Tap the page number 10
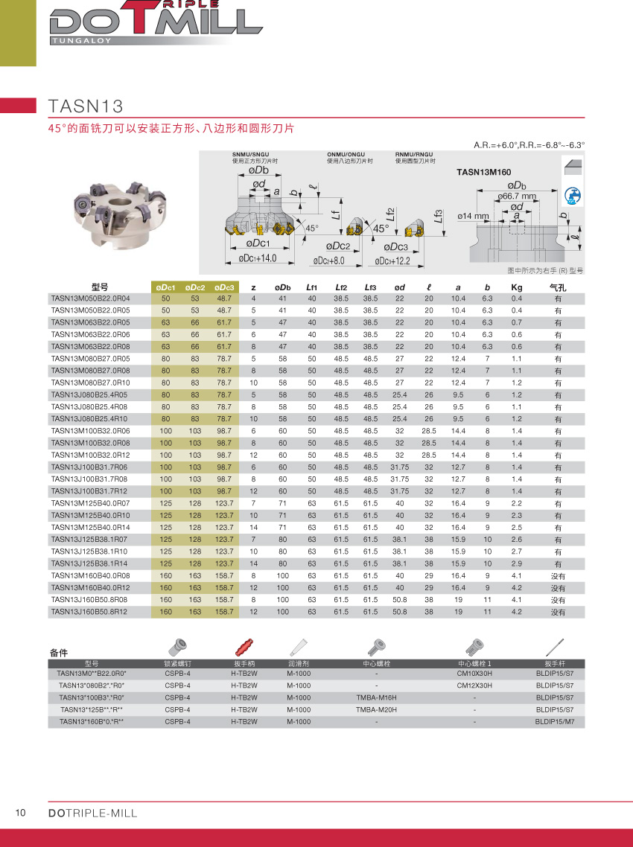tap(21, 813)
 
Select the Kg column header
tap(517, 287)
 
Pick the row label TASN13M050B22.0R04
tap(90, 298)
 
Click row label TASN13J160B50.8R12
tap(90, 612)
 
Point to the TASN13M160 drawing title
tap(483, 172)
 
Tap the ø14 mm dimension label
tap(472, 216)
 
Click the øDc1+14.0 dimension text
tap(258, 258)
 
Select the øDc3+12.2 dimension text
tap(393, 261)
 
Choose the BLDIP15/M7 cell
tap(554, 721)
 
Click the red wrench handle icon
tap(244, 645)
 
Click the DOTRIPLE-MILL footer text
tap(92, 813)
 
